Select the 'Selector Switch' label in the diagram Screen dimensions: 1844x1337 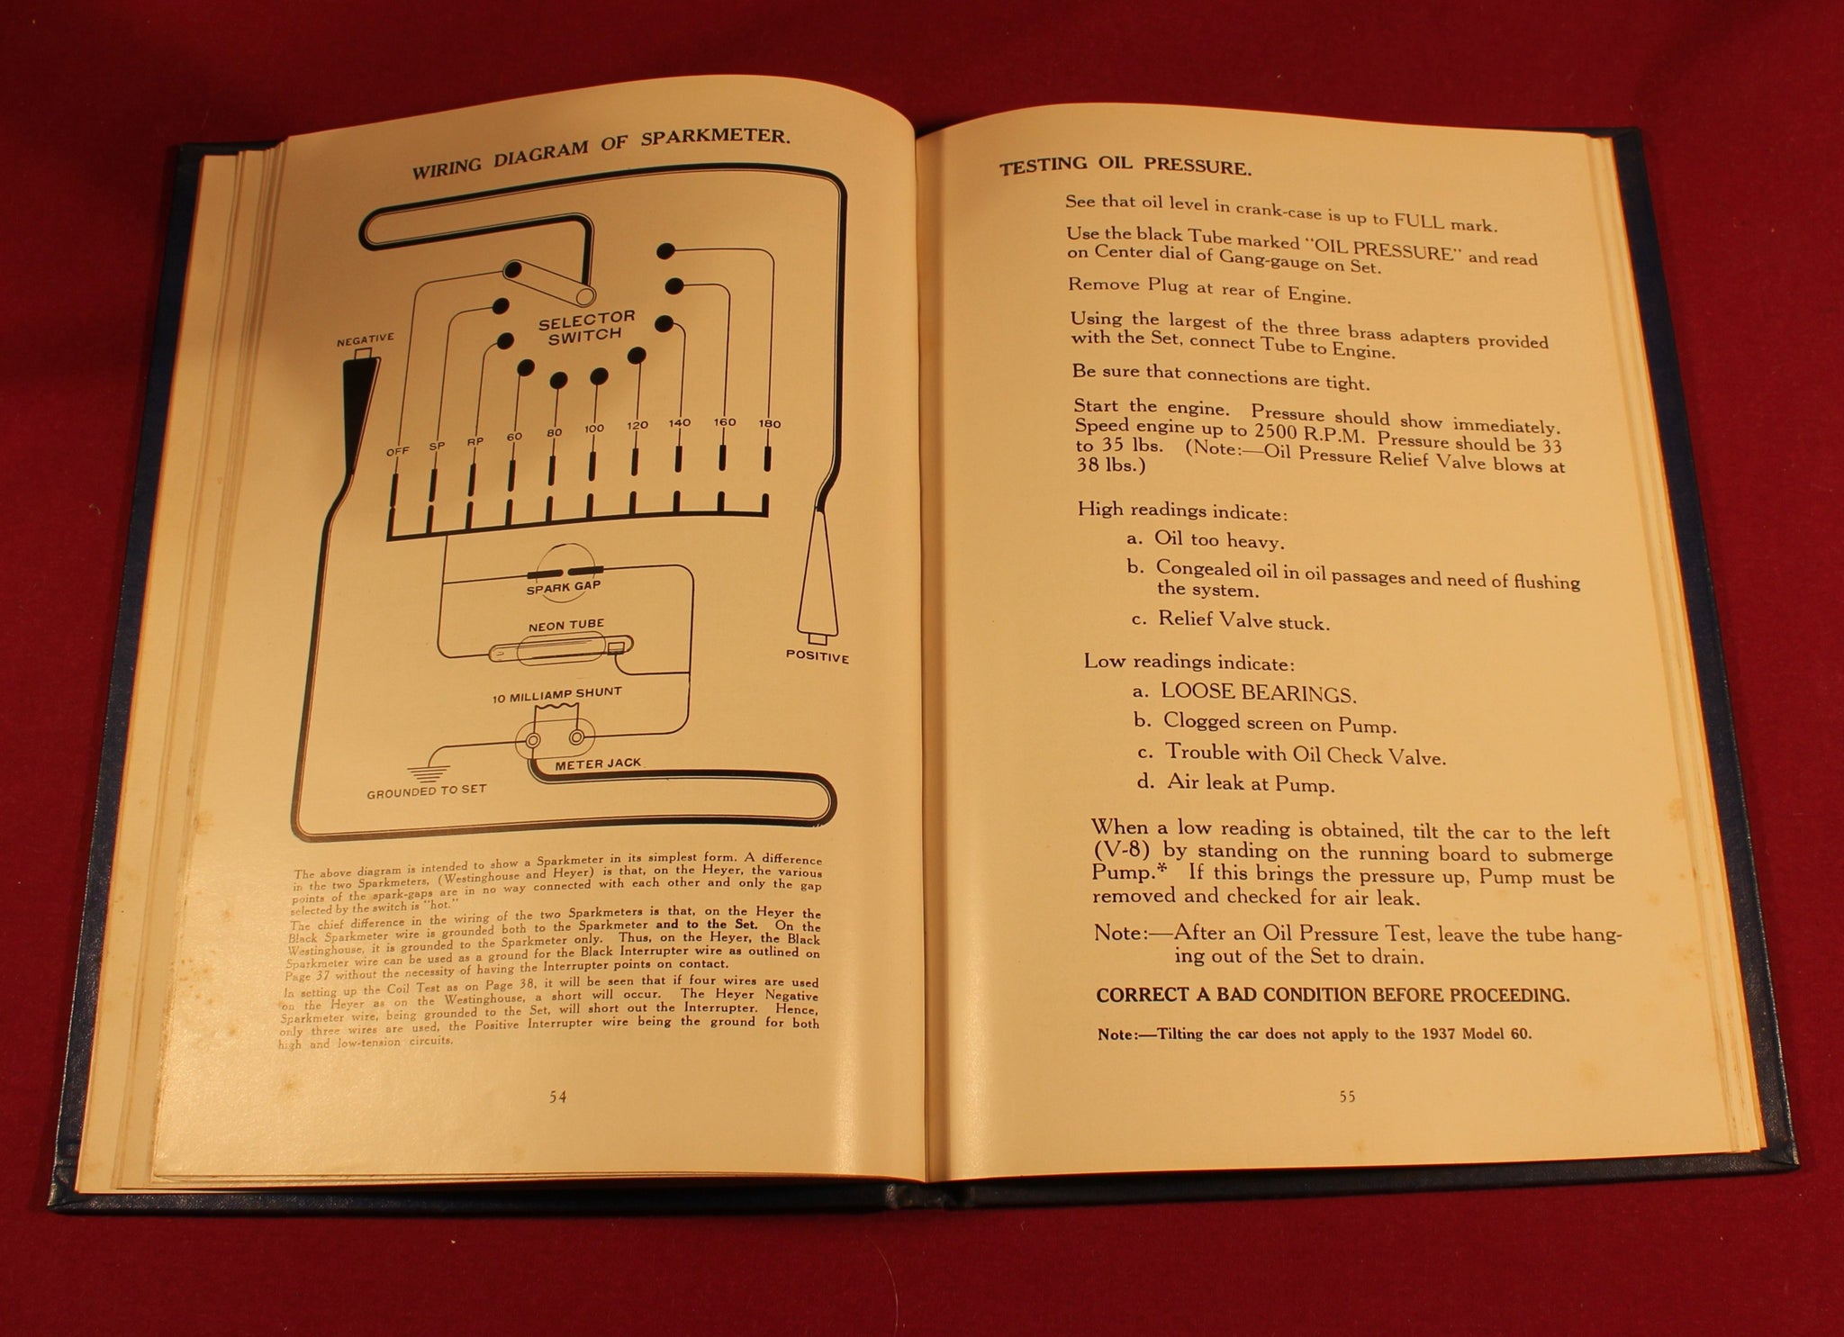(586, 327)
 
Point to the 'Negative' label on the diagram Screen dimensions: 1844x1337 (365, 339)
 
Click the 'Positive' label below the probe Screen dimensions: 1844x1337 (818, 656)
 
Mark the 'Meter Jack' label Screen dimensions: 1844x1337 (598, 763)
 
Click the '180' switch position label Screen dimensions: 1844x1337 (769, 423)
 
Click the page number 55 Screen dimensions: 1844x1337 (1347, 1097)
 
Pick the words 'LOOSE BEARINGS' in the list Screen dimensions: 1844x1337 (1258, 693)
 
